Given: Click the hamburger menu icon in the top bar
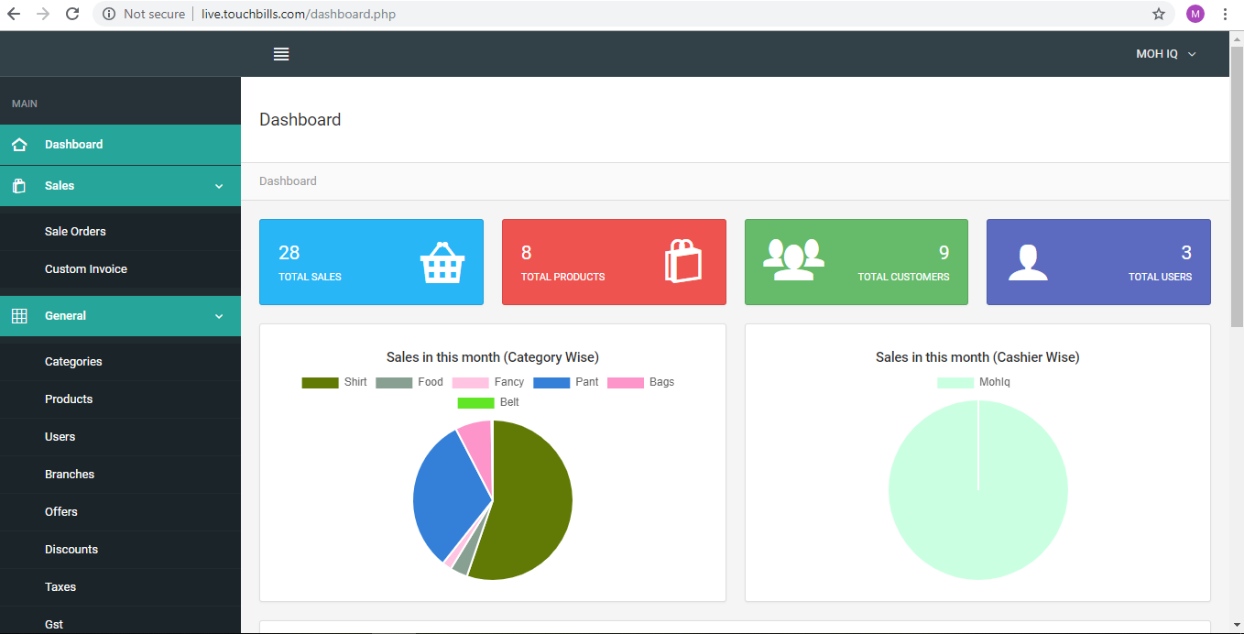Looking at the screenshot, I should coord(281,54).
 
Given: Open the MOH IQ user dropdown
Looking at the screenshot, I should coord(1166,54).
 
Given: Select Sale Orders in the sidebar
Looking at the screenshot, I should coord(75,232).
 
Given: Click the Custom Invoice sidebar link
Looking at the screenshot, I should coord(86,269).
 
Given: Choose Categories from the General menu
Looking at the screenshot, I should coord(73,362).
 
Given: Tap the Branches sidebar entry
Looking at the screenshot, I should coord(70,475).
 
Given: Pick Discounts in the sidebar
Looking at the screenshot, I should coord(71,550).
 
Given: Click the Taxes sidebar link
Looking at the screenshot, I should coord(60,587).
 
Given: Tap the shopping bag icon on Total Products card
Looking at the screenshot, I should coord(683,261).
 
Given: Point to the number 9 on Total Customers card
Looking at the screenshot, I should coord(944,253).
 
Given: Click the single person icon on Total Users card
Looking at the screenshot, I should coord(1028,262).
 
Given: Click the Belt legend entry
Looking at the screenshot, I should coord(489,402).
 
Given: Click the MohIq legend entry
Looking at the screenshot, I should coord(975,382).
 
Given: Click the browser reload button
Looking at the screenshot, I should coord(72,14).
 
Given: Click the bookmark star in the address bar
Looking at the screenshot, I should coord(1159,14).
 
